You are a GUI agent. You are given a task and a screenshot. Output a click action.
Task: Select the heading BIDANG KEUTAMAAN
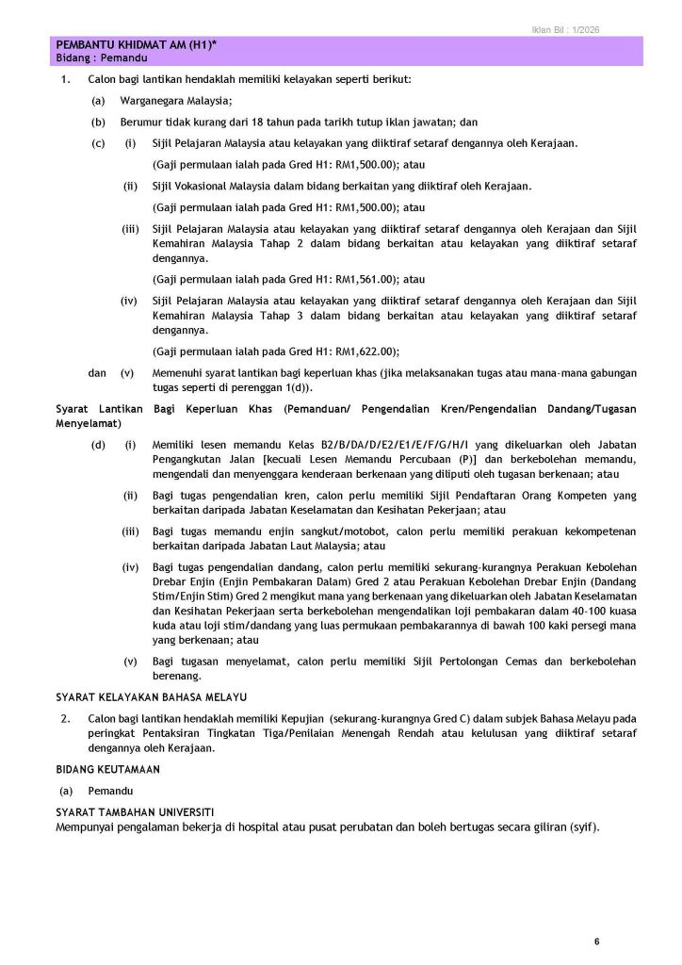[x=107, y=769]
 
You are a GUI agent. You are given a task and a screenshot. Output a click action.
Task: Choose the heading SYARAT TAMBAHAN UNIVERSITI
[x=134, y=811]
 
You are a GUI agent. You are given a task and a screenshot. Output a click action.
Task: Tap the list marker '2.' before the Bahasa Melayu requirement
[x=64, y=719]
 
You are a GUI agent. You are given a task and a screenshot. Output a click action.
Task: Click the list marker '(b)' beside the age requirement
[x=98, y=122]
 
